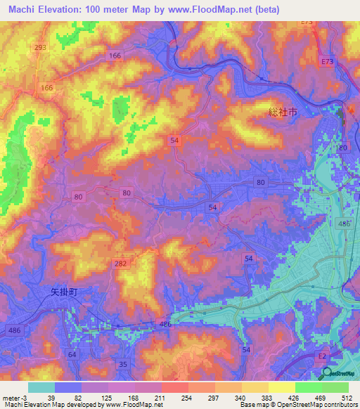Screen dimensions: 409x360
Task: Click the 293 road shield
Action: [41, 47]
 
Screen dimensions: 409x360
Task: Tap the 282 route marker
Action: [121, 262]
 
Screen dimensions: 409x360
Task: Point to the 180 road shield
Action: [342, 148]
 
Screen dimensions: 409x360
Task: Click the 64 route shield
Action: [72, 354]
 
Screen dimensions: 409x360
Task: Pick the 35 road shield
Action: [124, 363]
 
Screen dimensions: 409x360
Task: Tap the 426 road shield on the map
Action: [165, 324]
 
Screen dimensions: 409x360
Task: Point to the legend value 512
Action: [348, 398]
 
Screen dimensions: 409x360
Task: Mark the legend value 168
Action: [134, 398]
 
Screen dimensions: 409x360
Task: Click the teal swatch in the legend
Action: [41, 387]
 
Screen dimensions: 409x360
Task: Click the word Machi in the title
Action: [20, 10]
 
